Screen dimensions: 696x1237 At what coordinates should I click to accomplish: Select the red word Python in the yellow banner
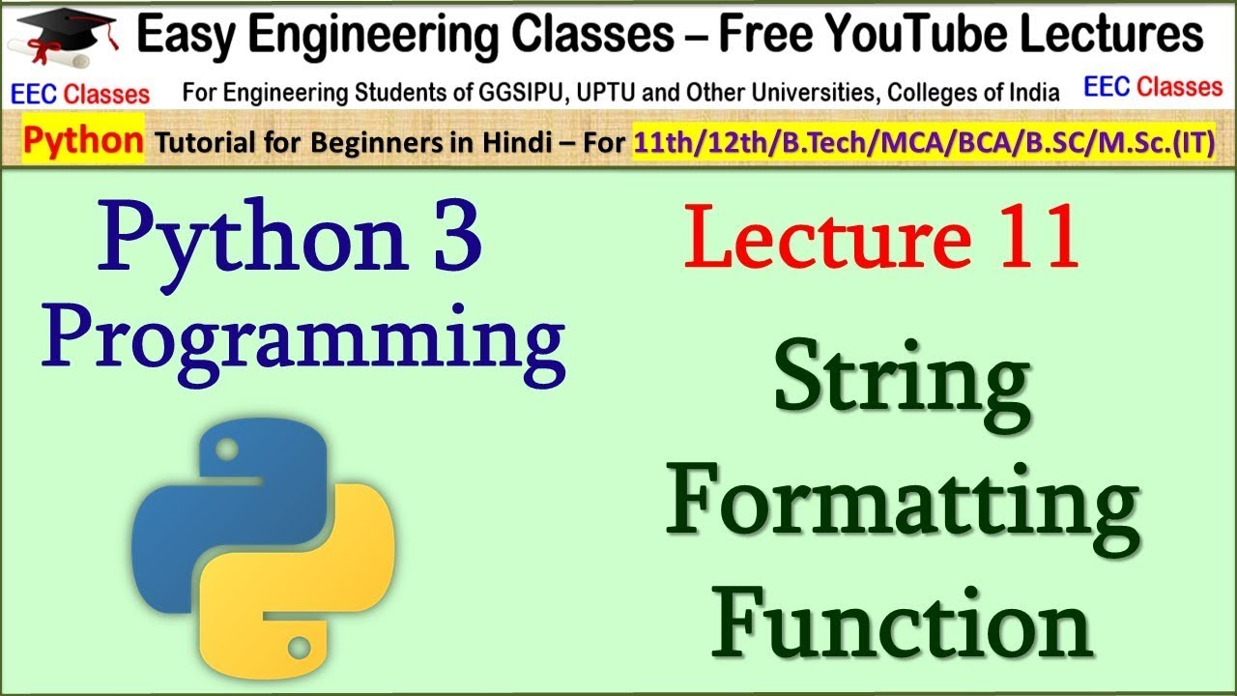point(83,141)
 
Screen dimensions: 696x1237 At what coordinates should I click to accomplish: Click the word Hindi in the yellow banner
point(512,143)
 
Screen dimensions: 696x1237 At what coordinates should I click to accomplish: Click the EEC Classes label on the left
point(80,93)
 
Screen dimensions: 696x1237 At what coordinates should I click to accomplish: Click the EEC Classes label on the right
point(1153,87)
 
